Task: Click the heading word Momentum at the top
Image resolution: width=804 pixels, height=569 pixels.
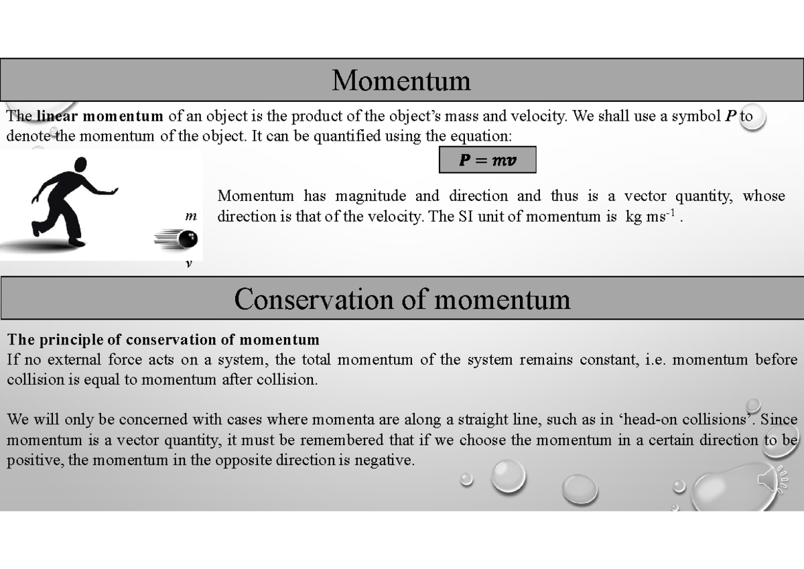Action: [x=401, y=80]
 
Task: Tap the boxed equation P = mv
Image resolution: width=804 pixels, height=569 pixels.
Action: [x=487, y=161]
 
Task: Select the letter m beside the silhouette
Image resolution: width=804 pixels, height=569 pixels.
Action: [x=191, y=216]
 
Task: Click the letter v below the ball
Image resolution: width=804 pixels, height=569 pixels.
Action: [x=188, y=264]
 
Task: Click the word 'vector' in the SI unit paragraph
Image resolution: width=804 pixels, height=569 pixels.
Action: [x=645, y=196]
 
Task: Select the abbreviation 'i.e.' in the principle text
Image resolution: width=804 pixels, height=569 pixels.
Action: [x=652, y=360]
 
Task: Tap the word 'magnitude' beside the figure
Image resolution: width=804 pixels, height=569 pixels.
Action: [x=371, y=196]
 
